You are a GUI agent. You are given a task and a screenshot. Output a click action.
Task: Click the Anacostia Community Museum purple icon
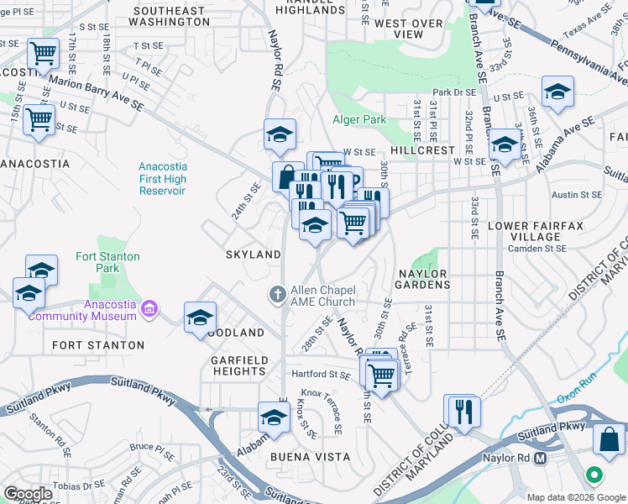point(149,308)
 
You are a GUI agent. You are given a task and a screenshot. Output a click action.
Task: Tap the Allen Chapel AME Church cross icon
point(277,294)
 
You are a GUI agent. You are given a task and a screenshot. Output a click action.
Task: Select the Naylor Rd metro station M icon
point(540,459)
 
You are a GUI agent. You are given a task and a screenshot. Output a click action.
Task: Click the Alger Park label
point(359,119)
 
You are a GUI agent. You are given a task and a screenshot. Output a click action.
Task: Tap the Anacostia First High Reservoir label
point(163,179)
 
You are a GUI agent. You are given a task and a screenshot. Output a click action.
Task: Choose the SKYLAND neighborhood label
point(252,254)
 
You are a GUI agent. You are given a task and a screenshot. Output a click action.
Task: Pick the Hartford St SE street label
point(320,374)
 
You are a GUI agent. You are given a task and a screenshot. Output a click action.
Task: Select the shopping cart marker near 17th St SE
point(43,54)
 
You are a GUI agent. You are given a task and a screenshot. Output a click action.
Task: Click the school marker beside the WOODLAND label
point(200,318)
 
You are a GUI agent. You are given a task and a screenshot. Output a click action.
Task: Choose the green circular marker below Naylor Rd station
point(594,475)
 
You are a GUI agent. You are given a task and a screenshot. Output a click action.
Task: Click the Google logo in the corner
point(28,494)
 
